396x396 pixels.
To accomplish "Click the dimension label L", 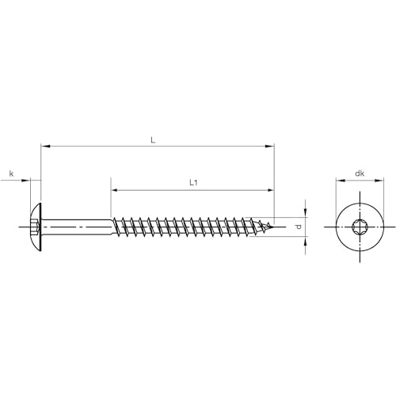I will pos(153,139).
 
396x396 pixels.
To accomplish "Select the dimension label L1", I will pos(192,182).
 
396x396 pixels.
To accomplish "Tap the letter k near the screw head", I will pos(11,173).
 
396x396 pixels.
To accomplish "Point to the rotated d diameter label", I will pos(298,227).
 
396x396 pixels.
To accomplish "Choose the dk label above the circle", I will pos(359,173).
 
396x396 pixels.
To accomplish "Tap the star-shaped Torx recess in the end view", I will pos(359,228).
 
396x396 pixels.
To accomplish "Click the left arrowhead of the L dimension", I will pos(44,146).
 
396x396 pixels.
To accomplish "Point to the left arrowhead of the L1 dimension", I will pos(114,190).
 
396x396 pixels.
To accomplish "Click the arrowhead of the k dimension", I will pos(28,181).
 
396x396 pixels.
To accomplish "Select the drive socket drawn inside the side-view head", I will pos(34,228).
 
